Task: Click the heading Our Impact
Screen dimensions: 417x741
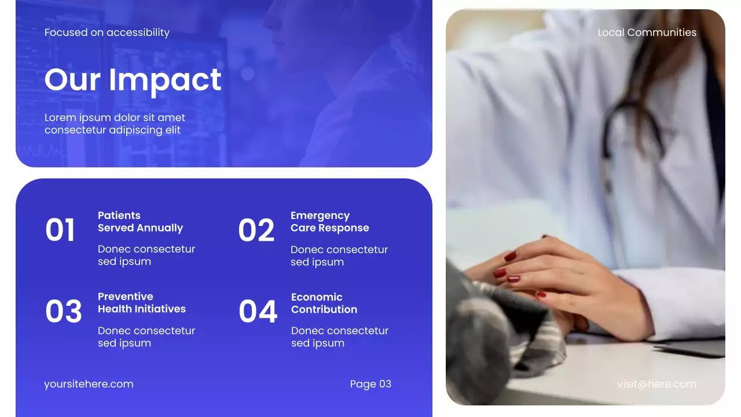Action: click(x=133, y=79)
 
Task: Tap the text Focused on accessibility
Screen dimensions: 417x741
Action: click(x=107, y=32)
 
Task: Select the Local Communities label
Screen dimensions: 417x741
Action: click(x=647, y=32)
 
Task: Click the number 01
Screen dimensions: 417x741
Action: click(x=60, y=230)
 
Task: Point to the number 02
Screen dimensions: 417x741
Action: click(x=256, y=230)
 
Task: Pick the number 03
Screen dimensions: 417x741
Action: click(x=63, y=312)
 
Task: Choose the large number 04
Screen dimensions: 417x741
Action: click(x=258, y=312)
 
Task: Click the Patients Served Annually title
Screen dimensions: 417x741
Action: click(x=140, y=222)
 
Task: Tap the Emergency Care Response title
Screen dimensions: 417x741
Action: click(x=329, y=222)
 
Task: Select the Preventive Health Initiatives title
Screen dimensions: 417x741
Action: click(x=142, y=303)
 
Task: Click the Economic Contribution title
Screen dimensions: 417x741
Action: click(x=324, y=303)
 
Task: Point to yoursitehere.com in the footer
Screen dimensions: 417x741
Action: click(x=89, y=384)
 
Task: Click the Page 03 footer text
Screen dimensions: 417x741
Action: click(x=370, y=384)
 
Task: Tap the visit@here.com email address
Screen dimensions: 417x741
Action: click(x=656, y=384)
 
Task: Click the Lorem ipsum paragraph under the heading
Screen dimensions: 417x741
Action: click(x=115, y=124)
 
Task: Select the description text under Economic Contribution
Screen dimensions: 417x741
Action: click(x=339, y=337)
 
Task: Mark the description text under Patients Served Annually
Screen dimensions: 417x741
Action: click(x=146, y=255)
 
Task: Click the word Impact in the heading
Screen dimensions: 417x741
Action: click(x=165, y=79)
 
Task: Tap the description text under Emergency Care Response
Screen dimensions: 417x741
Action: click(x=339, y=256)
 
